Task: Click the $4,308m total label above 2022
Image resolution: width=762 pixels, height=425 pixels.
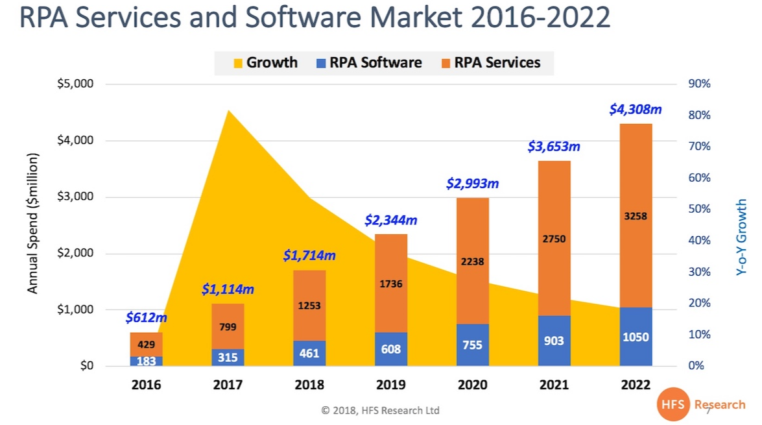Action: point(635,110)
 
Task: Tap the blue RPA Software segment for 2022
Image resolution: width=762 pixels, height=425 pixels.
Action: point(635,337)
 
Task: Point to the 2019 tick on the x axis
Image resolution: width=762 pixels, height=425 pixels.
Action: point(390,385)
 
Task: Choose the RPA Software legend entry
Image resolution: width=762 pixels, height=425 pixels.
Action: point(368,63)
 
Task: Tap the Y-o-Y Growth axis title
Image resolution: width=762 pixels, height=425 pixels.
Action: point(742,237)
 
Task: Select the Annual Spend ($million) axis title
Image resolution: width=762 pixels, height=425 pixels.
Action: point(33,223)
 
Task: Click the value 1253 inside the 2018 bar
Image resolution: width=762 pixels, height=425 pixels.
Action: point(309,305)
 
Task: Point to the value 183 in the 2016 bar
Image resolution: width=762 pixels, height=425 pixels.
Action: point(146,361)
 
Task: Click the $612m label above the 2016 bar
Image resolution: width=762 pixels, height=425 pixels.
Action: point(146,318)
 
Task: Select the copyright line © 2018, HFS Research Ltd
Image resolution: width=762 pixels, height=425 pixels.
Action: point(381,411)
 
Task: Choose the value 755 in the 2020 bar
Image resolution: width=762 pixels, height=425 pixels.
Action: point(472,345)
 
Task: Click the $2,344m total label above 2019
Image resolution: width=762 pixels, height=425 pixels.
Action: point(390,221)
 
